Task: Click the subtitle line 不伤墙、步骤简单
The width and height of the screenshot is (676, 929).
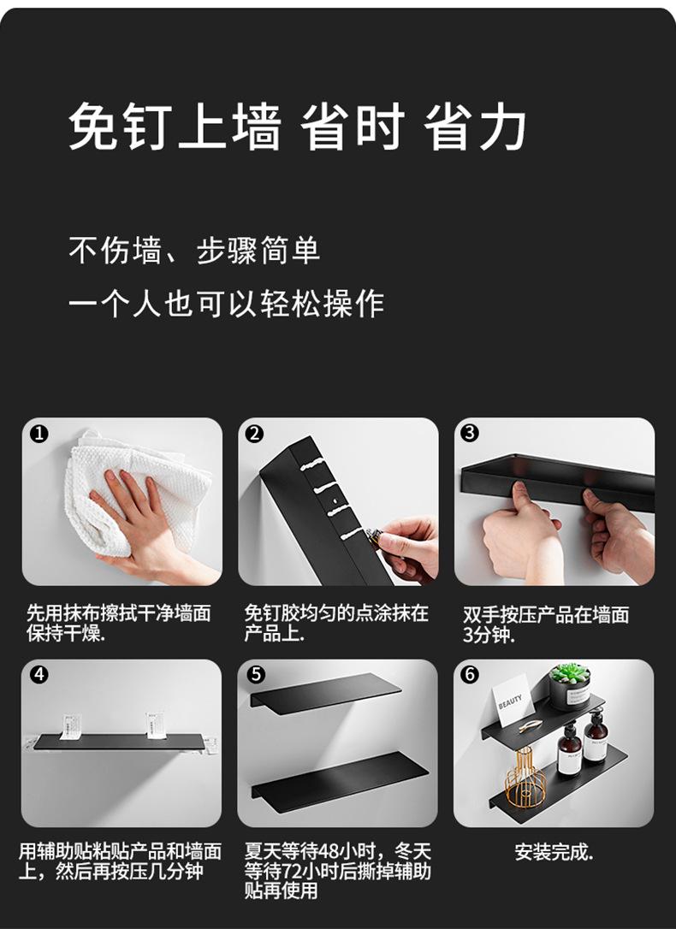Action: tap(194, 251)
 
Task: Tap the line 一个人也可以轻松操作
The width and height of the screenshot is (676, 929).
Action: tap(226, 304)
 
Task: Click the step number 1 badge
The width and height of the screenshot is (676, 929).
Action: tap(38, 433)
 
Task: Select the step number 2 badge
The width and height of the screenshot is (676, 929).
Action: tap(254, 433)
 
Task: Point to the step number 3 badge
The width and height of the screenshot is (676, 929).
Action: tap(470, 433)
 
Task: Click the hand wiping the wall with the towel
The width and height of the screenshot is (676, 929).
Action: tap(137, 522)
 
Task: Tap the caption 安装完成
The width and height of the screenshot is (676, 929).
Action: tap(554, 852)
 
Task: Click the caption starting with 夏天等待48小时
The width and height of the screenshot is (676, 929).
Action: tap(337, 871)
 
